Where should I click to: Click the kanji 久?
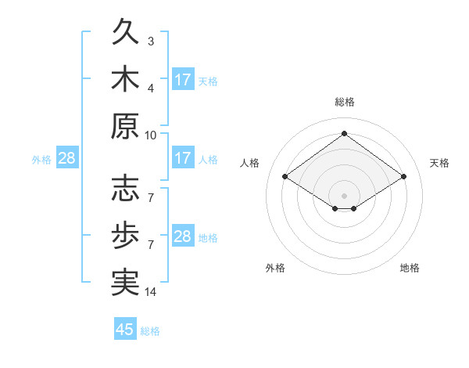(x=126, y=31)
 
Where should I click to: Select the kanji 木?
(x=126, y=78)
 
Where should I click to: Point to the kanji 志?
(x=126, y=188)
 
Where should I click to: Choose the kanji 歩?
(x=126, y=235)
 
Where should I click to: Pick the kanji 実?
(x=126, y=283)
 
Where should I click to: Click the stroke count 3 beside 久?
(x=151, y=41)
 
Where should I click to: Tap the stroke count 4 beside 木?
(x=151, y=88)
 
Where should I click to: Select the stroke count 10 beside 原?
(x=150, y=135)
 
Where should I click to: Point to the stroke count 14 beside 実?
(x=150, y=292)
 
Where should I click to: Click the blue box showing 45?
(x=125, y=328)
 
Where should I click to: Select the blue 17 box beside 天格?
(x=184, y=79)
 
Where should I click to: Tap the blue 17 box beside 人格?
(x=184, y=157)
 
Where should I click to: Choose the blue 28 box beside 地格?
(x=184, y=235)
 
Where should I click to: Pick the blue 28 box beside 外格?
(x=67, y=157)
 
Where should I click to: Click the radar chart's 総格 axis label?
(x=345, y=102)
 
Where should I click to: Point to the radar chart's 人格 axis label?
(x=249, y=163)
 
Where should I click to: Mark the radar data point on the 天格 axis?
(x=404, y=176)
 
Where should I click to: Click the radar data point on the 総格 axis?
(x=345, y=133)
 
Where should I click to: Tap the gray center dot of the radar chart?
(x=344, y=196)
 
